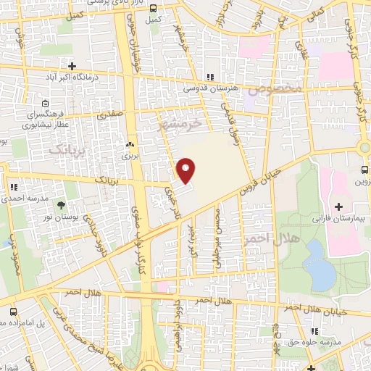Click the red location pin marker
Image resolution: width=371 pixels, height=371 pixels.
(x=185, y=170)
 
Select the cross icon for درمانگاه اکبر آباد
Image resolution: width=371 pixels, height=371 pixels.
(x=72, y=66)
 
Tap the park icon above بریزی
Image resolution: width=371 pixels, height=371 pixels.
(x=130, y=144)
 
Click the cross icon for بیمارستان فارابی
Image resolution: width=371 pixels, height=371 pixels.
(x=339, y=207)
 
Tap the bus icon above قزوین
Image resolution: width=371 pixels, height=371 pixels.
(x=364, y=170)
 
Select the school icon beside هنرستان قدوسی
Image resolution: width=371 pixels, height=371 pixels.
(x=210, y=76)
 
